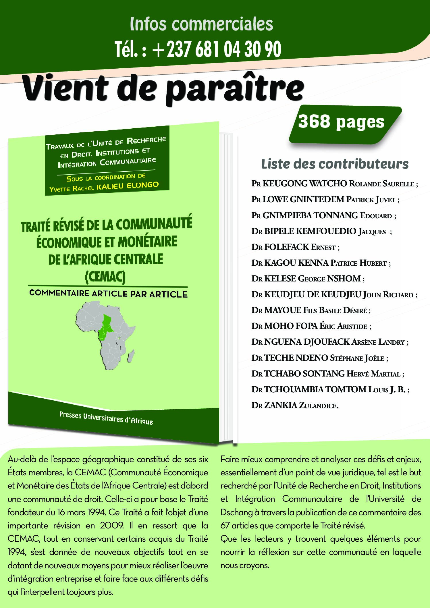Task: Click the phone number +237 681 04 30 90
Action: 198,49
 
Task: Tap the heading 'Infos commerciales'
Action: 201,24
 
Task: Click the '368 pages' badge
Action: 341,122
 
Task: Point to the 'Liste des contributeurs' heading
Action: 335,164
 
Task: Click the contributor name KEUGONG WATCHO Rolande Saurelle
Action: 334,184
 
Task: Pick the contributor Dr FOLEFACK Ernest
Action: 295,247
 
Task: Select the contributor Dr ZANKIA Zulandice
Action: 295,405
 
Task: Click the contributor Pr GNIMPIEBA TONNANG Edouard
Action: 324,215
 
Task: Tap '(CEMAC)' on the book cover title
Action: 105,277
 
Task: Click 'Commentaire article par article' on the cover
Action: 108,294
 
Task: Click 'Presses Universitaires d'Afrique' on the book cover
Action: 106,418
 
